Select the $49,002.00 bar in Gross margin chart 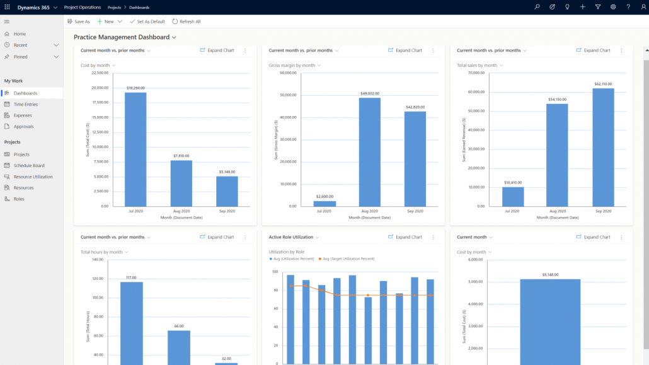[369, 152]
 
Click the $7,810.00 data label [182, 156]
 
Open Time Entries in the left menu [25, 104]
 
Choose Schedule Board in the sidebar [30, 166]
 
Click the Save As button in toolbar [79, 21]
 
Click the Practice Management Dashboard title [122, 38]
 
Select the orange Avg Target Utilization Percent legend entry [347, 258]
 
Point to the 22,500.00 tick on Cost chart [100, 73]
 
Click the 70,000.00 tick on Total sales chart [476, 73]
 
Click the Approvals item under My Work [24, 127]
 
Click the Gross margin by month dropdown [294, 66]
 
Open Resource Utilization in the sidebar [33, 177]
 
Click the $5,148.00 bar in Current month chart [550, 322]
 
